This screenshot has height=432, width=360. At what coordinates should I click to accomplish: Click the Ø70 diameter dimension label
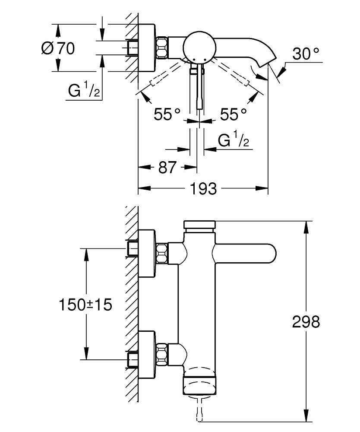(x=58, y=48)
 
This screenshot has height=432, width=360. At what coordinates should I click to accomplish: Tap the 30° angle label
(x=306, y=54)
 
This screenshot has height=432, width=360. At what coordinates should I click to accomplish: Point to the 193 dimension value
(x=203, y=188)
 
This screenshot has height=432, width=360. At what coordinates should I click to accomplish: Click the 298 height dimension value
(x=305, y=322)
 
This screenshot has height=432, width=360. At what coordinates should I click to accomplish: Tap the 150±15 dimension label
(x=85, y=305)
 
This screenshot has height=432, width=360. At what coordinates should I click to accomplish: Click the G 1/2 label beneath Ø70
(x=84, y=91)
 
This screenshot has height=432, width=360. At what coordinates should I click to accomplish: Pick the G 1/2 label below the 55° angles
(x=234, y=140)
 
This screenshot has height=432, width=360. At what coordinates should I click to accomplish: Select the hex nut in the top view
(x=162, y=47)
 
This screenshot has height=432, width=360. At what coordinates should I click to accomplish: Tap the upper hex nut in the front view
(x=162, y=253)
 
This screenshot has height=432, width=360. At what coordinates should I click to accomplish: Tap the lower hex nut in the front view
(x=162, y=353)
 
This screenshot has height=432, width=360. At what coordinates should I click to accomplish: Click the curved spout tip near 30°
(x=264, y=60)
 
